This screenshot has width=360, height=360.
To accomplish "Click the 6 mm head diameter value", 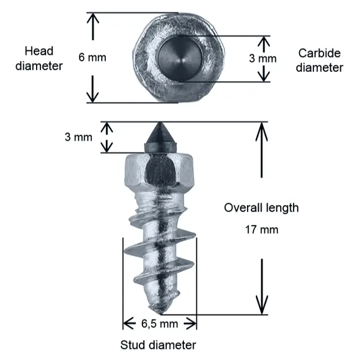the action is (x=92, y=57).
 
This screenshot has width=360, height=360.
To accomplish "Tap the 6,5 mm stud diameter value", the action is (x=160, y=324).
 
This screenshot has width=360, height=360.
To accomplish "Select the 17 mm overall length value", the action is (x=262, y=229).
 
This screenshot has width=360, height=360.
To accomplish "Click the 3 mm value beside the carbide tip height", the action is (x=79, y=137).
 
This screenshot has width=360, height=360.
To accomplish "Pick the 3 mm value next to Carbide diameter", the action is (x=263, y=58).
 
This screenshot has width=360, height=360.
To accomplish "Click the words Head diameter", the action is (x=39, y=58).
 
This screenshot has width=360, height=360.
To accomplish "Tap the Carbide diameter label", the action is (x=319, y=60).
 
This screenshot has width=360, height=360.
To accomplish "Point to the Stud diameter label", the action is (x=158, y=345).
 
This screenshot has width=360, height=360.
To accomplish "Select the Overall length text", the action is (x=261, y=208).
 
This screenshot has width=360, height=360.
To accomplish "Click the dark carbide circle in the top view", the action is (x=180, y=58).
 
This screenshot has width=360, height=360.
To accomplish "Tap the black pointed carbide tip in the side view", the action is (x=160, y=137).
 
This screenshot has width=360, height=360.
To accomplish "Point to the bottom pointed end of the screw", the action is (x=160, y=313).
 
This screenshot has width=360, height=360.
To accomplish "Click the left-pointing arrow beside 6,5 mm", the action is (x=129, y=323).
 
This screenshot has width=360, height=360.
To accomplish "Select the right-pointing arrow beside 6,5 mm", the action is (x=190, y=323).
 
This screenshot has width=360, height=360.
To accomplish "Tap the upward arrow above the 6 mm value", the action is (x=93, y=26).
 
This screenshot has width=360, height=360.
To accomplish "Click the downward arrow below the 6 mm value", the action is (x=92, y=89).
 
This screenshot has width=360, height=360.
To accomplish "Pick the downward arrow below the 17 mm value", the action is (x=262, y=286).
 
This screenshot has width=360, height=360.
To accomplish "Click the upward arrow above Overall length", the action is (x=262, y=150).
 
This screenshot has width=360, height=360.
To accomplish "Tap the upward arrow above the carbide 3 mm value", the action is (x=264, y=44).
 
